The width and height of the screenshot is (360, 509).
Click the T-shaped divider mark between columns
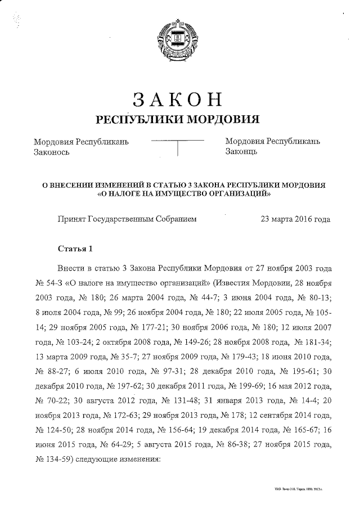click(x=178, y=146)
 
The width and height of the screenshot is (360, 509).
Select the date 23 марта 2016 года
click(x=295, y=219)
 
